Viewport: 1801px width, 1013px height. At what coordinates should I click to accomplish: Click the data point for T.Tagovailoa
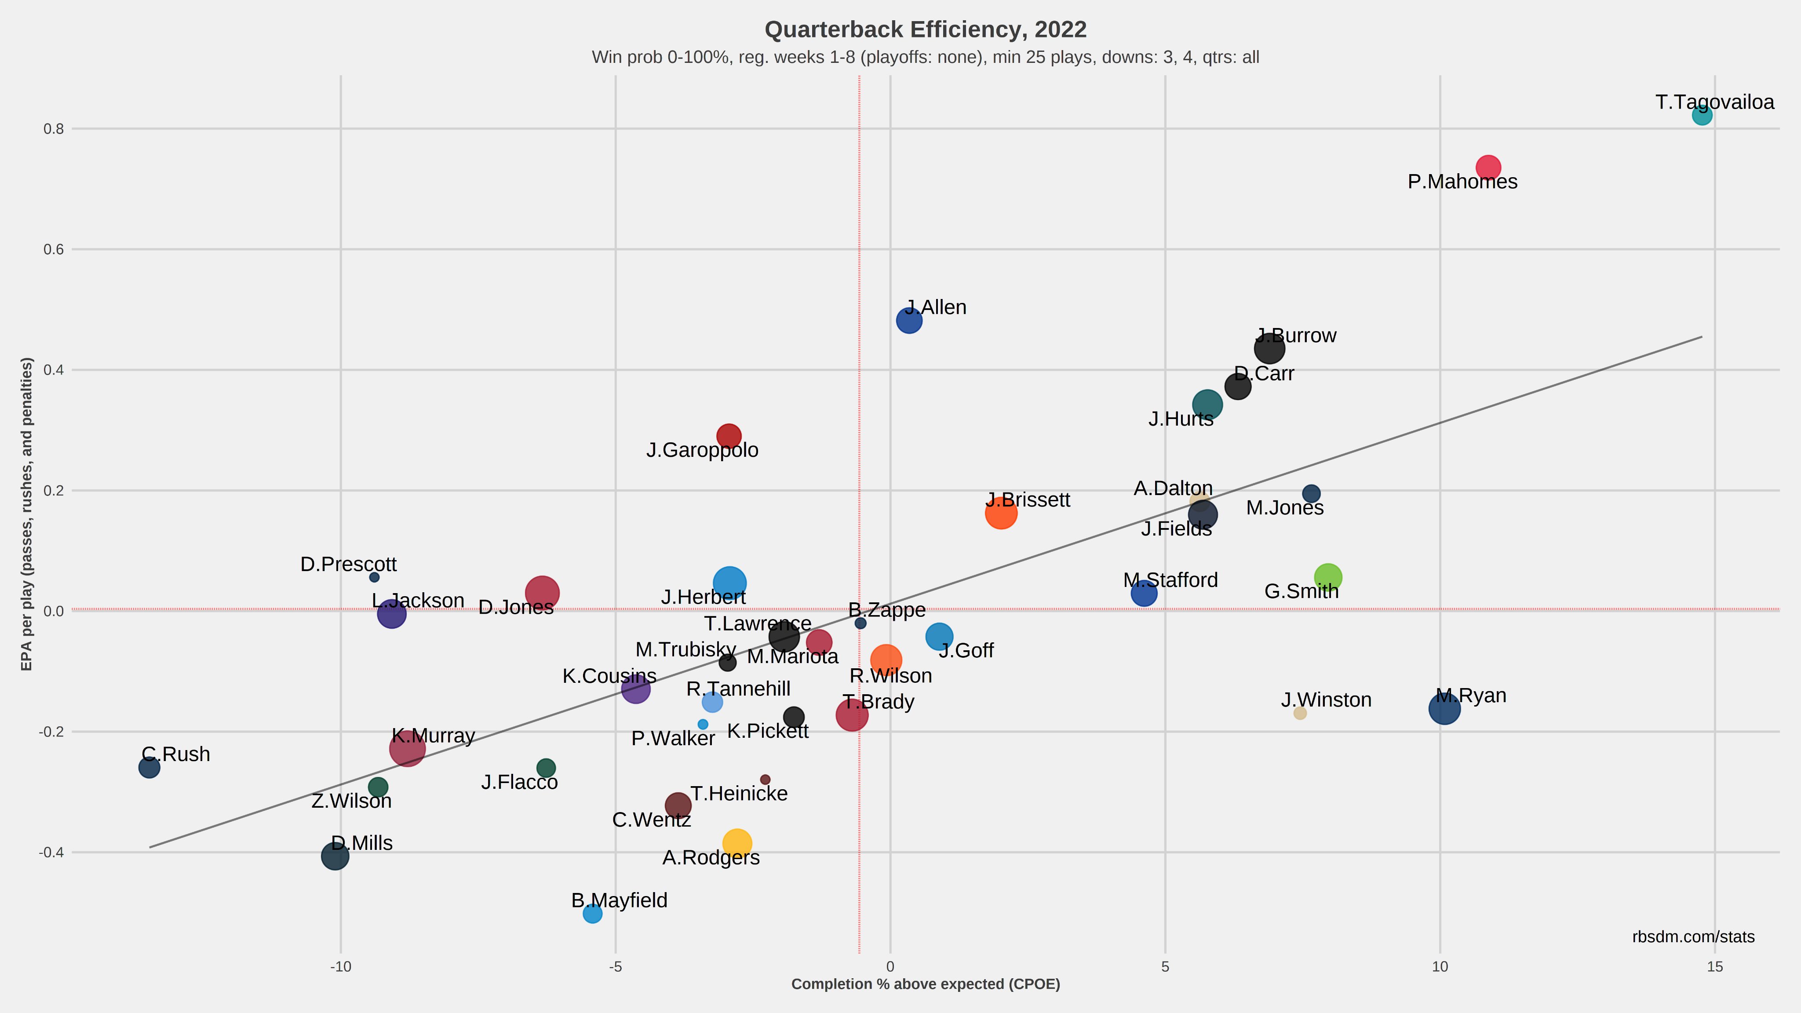[1702, 115]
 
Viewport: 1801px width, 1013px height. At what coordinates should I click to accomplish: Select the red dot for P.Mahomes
[1488, 167]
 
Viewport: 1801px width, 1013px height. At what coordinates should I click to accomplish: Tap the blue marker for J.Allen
[909, 320]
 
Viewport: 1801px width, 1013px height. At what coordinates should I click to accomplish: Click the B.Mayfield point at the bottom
[592, 913]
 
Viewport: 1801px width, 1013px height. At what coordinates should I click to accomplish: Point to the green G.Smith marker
[1328, 577]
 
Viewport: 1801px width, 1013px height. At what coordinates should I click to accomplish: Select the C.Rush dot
[149, 768]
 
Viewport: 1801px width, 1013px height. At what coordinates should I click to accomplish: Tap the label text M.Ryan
[1471, 696]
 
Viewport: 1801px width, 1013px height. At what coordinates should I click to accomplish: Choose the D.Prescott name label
[348, 564]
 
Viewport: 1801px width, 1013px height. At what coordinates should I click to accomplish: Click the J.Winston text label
[1326, 700]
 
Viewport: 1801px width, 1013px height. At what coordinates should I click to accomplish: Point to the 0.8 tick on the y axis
[54, 129]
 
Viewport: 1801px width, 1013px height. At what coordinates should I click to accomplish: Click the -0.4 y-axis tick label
[52, 852]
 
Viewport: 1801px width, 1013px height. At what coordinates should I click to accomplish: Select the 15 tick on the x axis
[1715, 967]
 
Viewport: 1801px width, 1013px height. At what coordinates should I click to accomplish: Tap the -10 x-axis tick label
[340, 967]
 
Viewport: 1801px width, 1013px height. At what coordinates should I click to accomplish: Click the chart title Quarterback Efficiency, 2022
[926, 29]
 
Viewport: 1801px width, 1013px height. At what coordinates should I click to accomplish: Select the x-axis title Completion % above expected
[926, 984]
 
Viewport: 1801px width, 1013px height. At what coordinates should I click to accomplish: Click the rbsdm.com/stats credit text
[1693, 937]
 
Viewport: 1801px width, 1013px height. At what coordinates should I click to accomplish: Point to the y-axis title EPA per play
[26, 514]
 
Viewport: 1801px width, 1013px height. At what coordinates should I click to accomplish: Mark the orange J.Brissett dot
[1001, 513]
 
